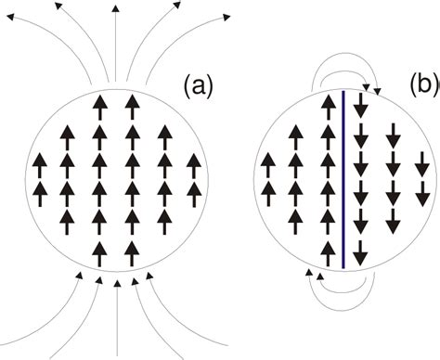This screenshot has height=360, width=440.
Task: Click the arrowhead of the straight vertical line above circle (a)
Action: point(115,8)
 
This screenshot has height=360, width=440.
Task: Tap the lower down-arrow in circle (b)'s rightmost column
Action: point(423,193)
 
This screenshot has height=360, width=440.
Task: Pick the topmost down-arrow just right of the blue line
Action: point(360,106)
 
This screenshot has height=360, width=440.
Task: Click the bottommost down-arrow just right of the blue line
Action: point(360,251)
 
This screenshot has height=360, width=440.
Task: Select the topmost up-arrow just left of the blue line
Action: point(326,104)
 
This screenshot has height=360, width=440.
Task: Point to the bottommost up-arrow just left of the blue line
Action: point(326,249)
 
